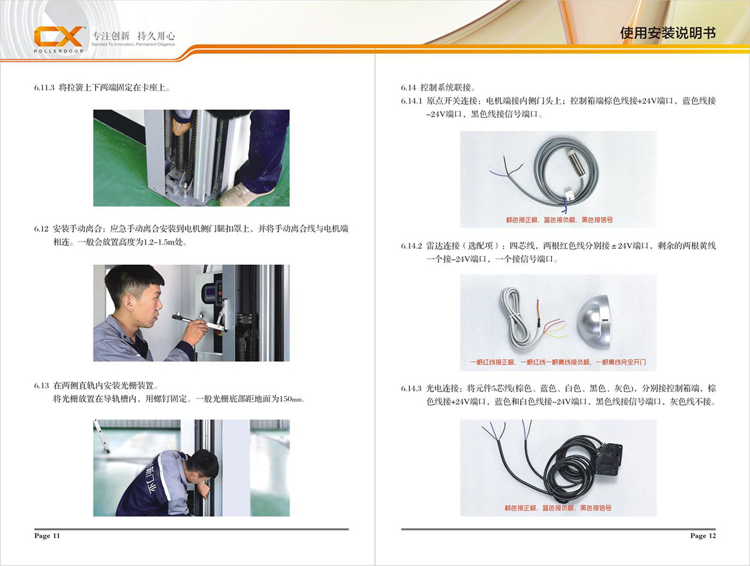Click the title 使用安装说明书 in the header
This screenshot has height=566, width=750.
point(668,33)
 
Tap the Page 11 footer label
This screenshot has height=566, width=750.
point(47,536)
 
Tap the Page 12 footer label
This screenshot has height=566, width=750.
point(703,536)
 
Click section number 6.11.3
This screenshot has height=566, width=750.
point(44,88)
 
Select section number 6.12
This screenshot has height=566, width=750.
point(41,229)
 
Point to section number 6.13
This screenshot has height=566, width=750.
point(41,386)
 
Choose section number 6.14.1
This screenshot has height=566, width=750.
point(411,101)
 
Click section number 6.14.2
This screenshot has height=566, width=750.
point(411,246)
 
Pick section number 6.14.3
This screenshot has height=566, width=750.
point(411,388)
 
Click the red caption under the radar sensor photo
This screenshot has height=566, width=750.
point(558,362)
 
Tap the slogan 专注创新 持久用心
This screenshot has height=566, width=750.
point(133,36)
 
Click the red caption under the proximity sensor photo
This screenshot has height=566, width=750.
point(559,219)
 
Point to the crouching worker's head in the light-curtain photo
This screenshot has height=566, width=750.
point(202,465)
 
